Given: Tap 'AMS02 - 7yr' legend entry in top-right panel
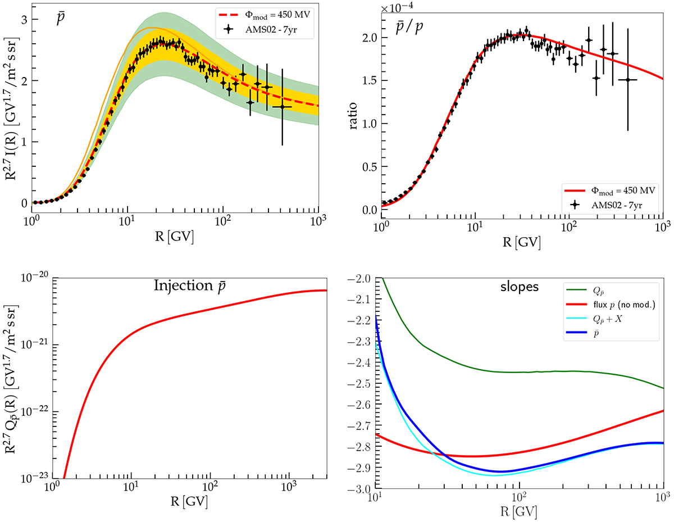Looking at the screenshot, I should coord(613,205).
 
